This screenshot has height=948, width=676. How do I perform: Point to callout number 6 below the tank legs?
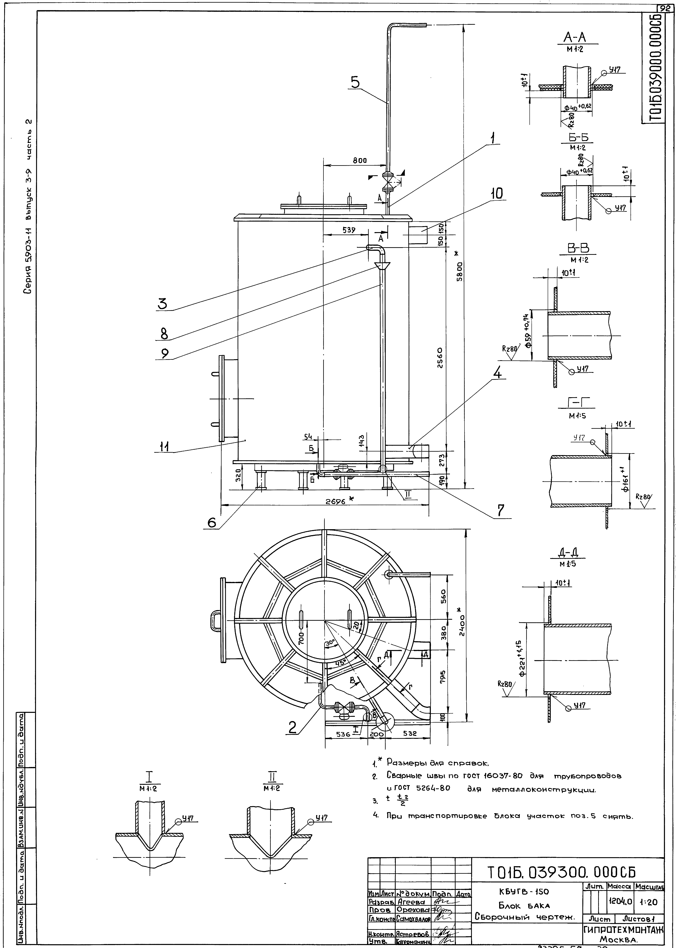click(x=212, y=522)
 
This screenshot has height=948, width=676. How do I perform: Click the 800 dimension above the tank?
click(x=360, y=160)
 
